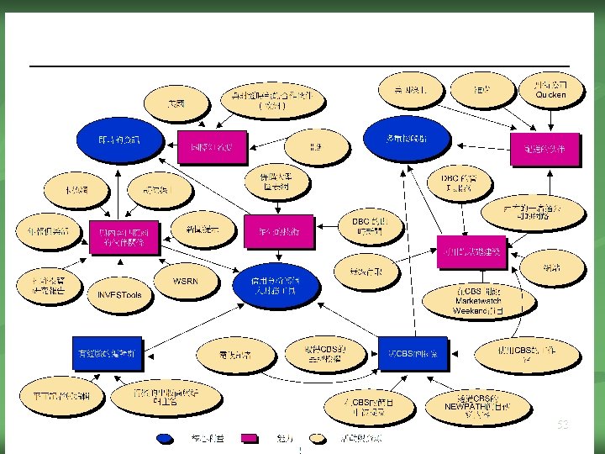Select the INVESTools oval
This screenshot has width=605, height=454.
120,295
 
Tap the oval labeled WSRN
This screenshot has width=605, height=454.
186,279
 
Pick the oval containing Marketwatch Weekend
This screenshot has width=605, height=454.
478,300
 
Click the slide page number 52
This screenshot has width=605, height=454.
562,425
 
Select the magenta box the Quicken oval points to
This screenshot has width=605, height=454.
544,147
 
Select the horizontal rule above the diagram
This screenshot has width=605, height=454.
299,66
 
